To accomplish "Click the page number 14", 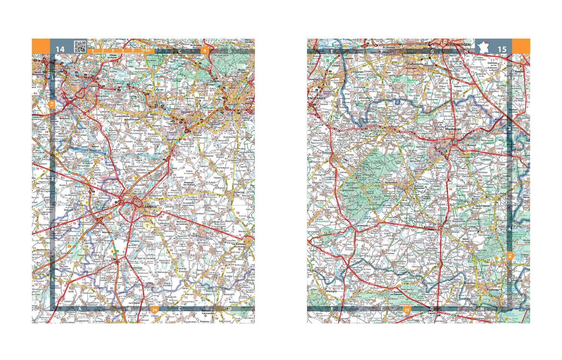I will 60,49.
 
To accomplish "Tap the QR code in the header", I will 80,46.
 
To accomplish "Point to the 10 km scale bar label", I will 146,50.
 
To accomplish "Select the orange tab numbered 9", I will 205,50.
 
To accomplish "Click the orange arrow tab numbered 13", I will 52,104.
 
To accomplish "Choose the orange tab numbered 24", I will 154,310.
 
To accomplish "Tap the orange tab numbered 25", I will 407,310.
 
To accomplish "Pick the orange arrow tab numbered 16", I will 510,256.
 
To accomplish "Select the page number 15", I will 502,49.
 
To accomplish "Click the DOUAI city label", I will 68,98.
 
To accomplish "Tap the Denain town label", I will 185,112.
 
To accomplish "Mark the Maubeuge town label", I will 453,129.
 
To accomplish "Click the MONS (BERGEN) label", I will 458,45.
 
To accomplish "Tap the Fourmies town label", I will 493,289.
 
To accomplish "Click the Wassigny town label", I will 331,291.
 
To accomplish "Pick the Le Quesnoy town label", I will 325,153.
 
